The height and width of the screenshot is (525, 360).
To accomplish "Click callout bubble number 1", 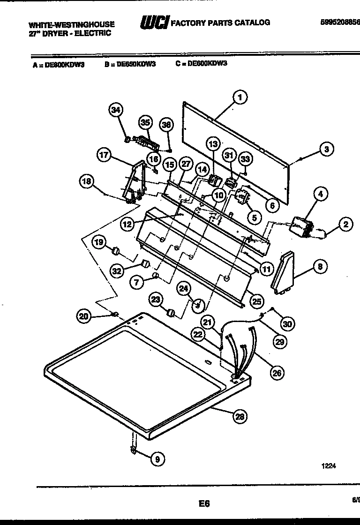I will pos(240,97).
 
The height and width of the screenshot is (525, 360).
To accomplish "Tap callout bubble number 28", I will pos(240,416).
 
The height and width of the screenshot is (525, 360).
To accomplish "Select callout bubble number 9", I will pos(157,460).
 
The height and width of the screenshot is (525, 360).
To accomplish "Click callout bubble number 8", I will pos(320,267).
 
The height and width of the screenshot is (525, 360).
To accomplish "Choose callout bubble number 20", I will pos(83,317).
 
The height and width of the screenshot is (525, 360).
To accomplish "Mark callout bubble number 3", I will pos(327,150).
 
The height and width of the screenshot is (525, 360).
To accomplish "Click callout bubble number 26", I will pos(277,373).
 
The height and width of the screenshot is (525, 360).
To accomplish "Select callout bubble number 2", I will pos(345,225).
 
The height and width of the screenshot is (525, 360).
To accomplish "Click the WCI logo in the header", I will pos(154,22).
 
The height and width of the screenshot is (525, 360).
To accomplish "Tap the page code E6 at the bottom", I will pos(204,503).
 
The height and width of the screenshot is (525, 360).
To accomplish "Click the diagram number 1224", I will pos(329,465).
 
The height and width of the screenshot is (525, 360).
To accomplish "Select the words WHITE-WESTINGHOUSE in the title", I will pos(71,24).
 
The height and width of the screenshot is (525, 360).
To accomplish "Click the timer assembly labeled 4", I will pos(300,226).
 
